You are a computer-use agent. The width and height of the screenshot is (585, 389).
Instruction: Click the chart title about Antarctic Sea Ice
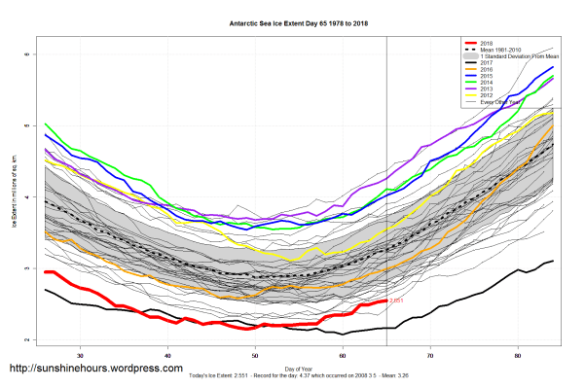click(x=291, y=20)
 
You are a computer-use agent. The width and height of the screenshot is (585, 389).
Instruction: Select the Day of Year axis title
click(x=299, y=368)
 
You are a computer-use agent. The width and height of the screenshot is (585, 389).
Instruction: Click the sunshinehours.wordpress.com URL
click(x=95, y=369)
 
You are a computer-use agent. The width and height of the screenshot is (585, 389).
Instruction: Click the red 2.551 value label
click(x=397, y=301)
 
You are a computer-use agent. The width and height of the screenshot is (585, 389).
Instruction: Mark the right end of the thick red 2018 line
click(x=386, y=301)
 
